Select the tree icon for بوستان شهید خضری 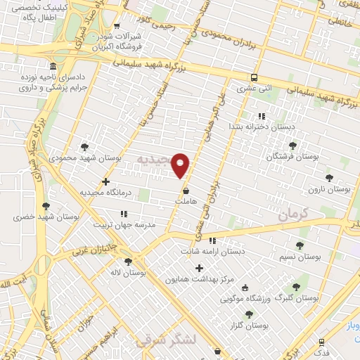(46, 206)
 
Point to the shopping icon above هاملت (186, 191)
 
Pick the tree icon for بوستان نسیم (300, 245)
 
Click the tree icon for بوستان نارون (328, 178)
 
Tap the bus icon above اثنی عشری (254, 77)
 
